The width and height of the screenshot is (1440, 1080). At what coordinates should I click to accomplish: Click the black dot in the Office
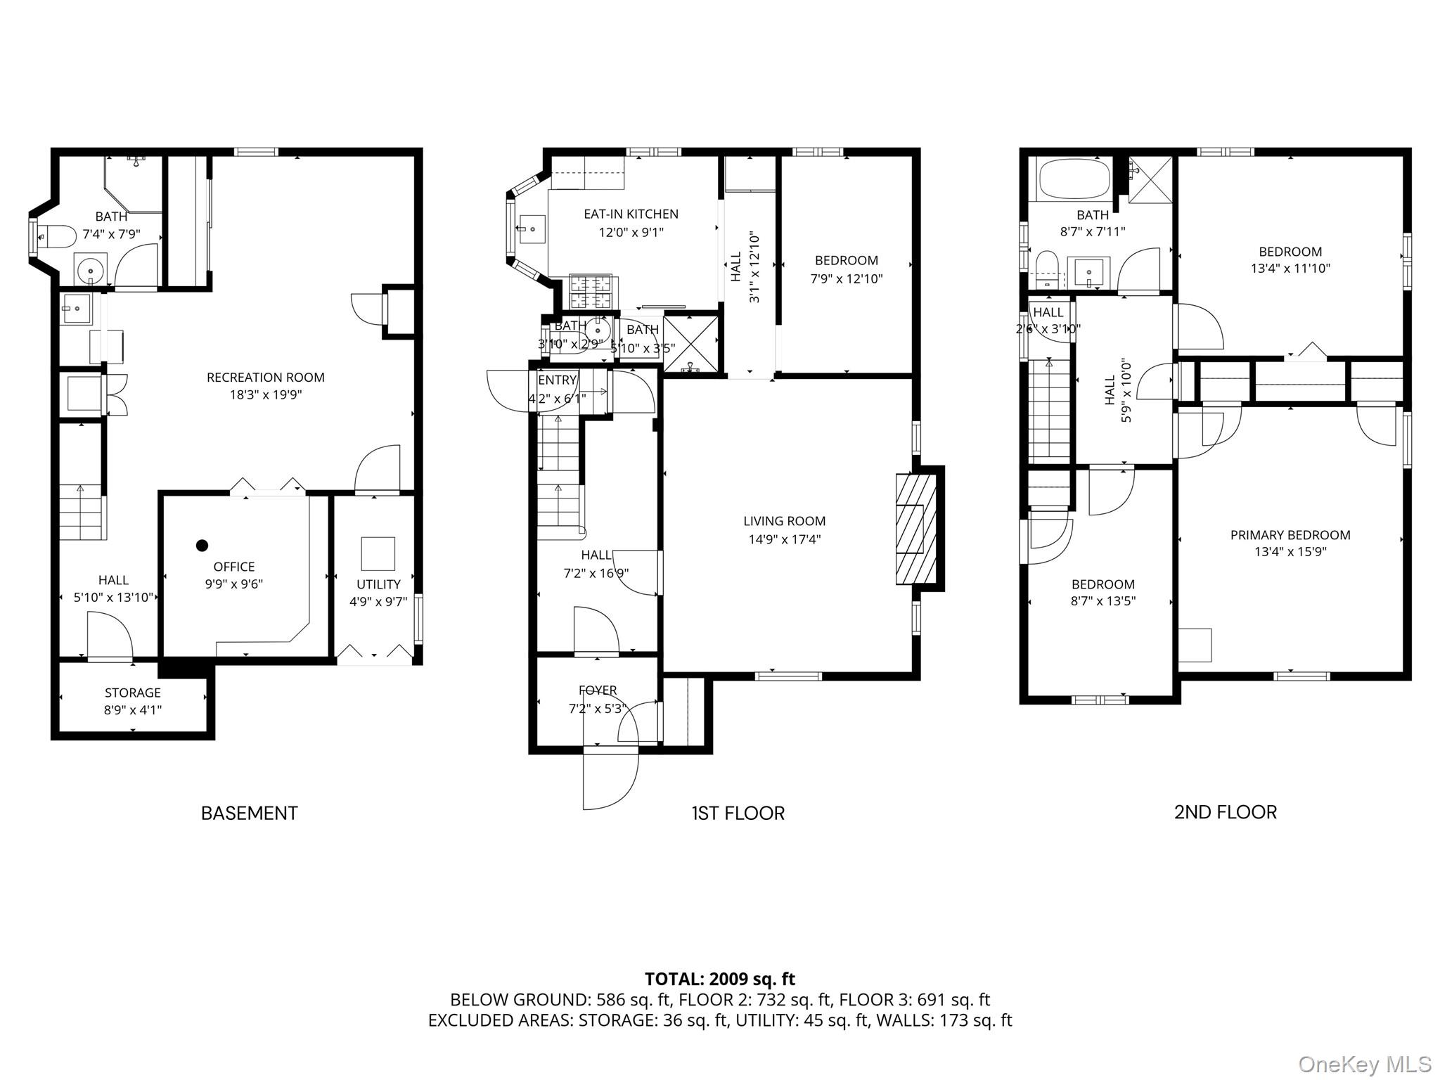tap(202, 545)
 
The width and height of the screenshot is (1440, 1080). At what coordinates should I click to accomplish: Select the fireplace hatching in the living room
tap(916, 529)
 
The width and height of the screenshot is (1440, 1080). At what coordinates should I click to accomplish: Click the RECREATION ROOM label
tap(265, 378)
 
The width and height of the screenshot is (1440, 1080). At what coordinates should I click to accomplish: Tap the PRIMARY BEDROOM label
tap(1290, 535)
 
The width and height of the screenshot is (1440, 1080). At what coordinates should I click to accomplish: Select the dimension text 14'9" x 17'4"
tap(784, 539)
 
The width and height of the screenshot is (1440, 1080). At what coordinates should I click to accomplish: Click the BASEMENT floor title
tap(249, 813)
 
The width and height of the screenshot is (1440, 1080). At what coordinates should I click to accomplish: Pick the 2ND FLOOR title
tap(1225, 812)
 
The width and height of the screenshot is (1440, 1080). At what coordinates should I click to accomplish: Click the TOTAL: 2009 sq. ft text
tap(719, 979)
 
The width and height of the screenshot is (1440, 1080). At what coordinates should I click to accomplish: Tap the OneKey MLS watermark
tap(1364, 1065)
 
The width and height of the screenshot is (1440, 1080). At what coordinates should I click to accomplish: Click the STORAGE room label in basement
tap(133, 693)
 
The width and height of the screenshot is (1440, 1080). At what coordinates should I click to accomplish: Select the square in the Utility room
tap(378, 553)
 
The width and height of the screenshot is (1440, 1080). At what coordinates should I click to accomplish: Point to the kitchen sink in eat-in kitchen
tap(532, 229)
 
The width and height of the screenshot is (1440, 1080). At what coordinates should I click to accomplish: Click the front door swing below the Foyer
tap(610, 780)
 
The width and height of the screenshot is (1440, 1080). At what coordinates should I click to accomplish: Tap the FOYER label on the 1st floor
tap(598, 690)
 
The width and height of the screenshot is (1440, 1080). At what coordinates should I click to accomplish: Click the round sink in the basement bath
tap(91, 269)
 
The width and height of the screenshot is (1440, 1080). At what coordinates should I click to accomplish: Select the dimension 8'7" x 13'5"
tap(1102, 601)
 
